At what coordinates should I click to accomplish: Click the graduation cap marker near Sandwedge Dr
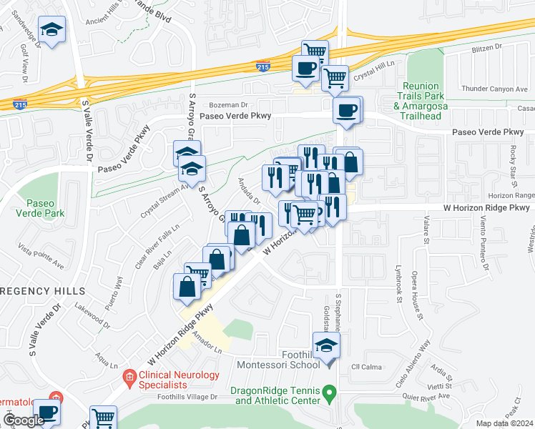(51, 30)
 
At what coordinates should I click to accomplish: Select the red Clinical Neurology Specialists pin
(129, 376)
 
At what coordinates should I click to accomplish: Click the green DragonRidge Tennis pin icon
(329, 392)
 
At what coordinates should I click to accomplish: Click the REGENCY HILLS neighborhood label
(42, 292)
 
